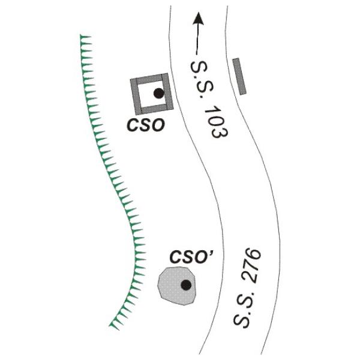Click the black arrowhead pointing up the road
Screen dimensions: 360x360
[198, 19]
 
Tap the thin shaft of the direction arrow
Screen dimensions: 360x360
[197, 39]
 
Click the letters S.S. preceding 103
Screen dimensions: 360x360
[202, 79]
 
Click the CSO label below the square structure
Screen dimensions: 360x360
[146, 125]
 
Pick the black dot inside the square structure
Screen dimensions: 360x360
[158, 93]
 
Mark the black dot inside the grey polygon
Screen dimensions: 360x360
[186, 285]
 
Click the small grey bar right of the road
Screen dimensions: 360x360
[239, 76]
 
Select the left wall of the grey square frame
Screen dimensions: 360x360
[136, 97]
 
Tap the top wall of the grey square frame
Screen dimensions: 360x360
[149, 78]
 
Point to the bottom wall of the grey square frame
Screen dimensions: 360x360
[154, 109]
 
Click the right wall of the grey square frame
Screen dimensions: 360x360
[167, 91]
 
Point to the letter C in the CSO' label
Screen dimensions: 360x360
[176, 257]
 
